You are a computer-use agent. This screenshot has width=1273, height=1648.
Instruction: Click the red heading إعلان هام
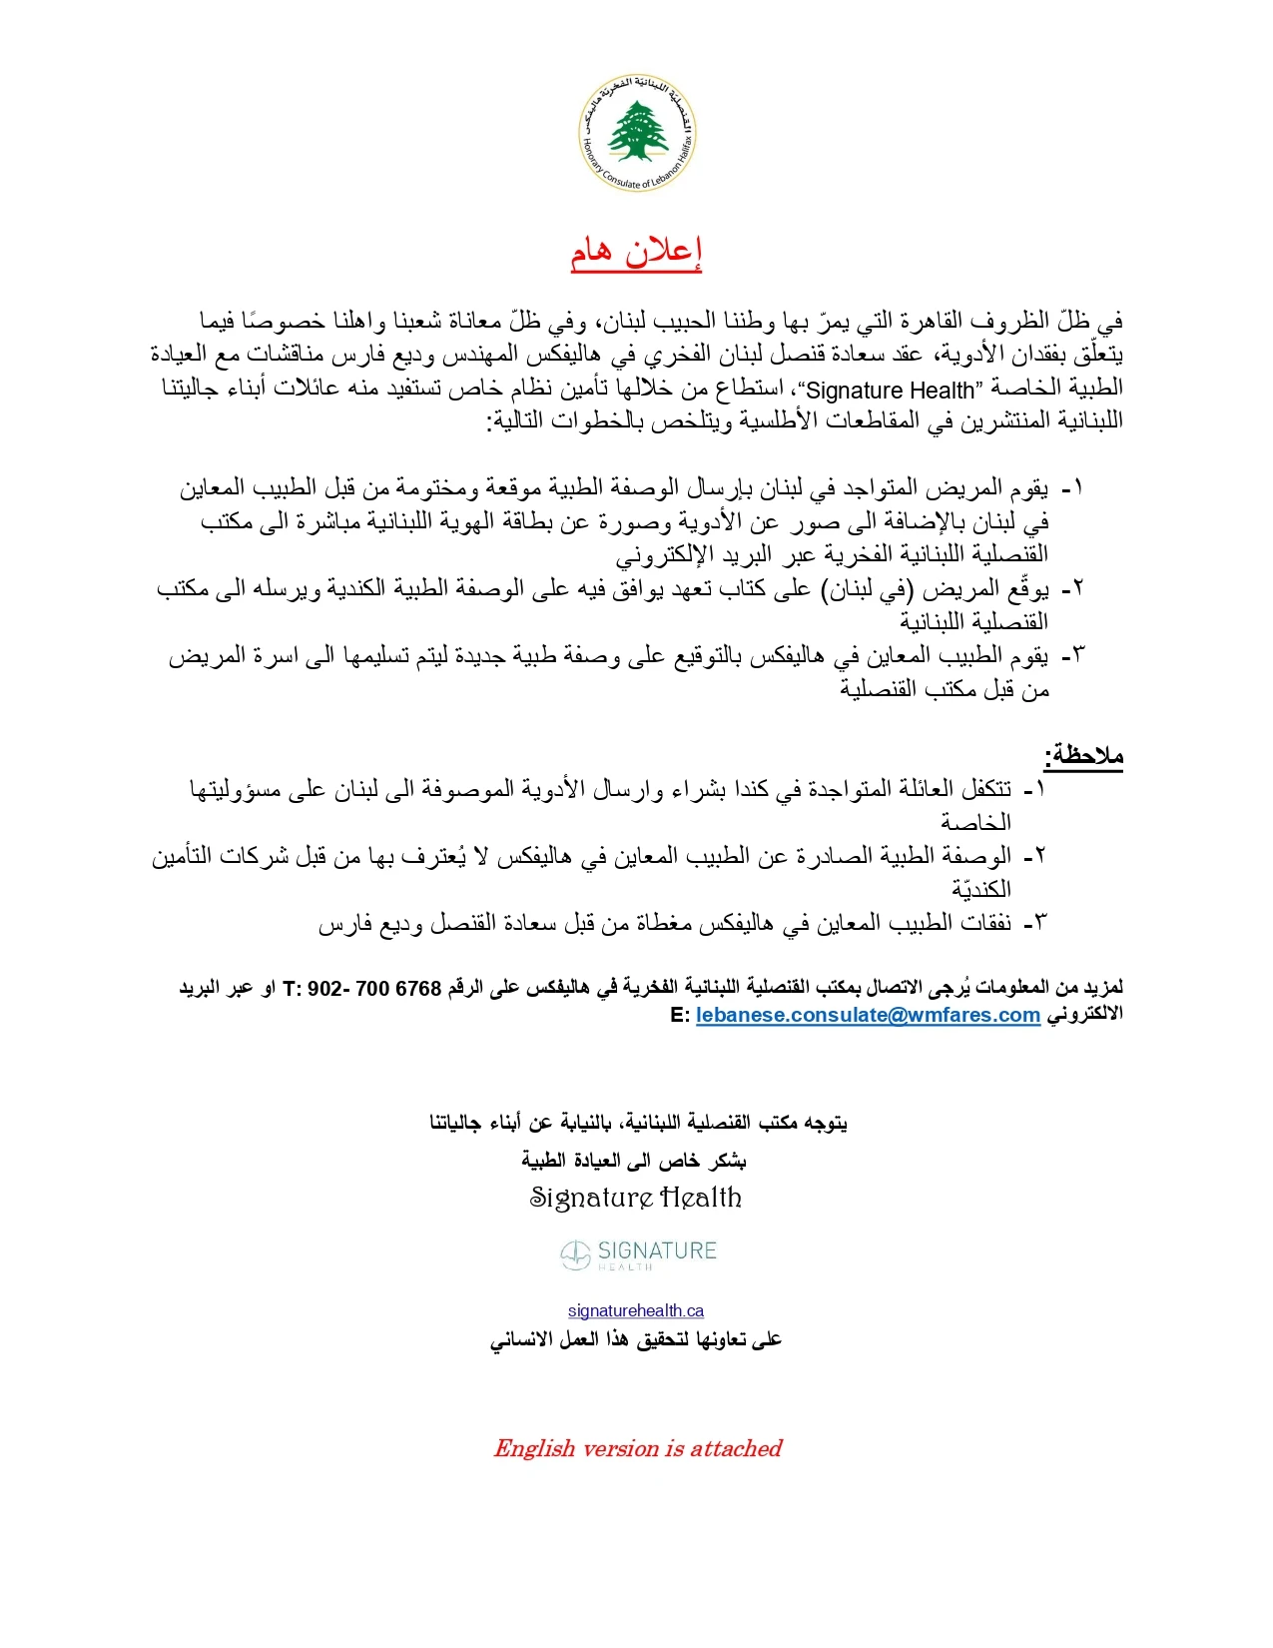[636, 252]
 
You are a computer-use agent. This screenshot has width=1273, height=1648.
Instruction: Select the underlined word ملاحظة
[1083, 756]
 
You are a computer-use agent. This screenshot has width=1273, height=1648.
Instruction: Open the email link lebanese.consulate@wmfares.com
[868, 1015]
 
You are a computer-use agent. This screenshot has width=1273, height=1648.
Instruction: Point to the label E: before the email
[680, 1015]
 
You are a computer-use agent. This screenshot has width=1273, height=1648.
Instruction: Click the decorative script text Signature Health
[636, 1198]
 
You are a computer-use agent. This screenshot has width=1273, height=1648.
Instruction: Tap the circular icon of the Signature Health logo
[575, 1255]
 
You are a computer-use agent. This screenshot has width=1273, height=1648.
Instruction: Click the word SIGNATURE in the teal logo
[657, 1250]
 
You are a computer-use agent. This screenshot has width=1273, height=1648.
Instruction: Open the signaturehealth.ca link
[636, 1310]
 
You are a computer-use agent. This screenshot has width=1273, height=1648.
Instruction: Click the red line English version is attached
[637, 1448]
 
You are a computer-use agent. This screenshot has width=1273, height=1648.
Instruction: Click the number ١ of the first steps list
[1074, 488]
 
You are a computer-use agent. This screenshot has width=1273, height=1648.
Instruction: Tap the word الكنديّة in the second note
[980, 889]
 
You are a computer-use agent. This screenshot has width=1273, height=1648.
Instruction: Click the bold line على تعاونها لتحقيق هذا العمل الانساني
[636, 1339]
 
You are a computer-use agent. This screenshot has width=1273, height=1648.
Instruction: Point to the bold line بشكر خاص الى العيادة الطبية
[634, 1160]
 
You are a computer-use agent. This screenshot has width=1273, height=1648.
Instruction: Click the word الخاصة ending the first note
[975, 822]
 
